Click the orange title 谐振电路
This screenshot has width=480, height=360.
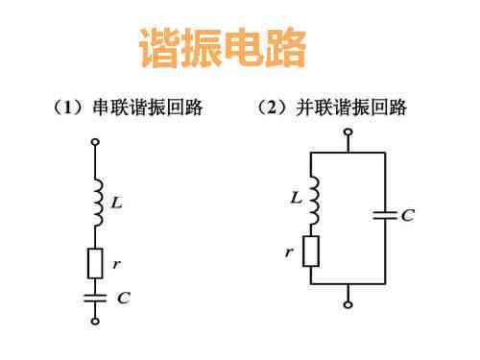223,48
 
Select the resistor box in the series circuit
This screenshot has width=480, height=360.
94,262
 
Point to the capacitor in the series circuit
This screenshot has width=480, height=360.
94,298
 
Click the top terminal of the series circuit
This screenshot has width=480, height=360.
94,144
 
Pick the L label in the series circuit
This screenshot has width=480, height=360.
116,203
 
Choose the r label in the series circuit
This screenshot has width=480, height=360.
116,260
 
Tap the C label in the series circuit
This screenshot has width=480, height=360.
122,298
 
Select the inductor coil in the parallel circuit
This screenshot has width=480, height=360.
312,200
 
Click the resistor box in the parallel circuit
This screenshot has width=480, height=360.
310,252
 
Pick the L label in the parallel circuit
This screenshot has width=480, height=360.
295,199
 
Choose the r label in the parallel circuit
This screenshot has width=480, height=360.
289,252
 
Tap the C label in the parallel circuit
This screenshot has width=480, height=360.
408,216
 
